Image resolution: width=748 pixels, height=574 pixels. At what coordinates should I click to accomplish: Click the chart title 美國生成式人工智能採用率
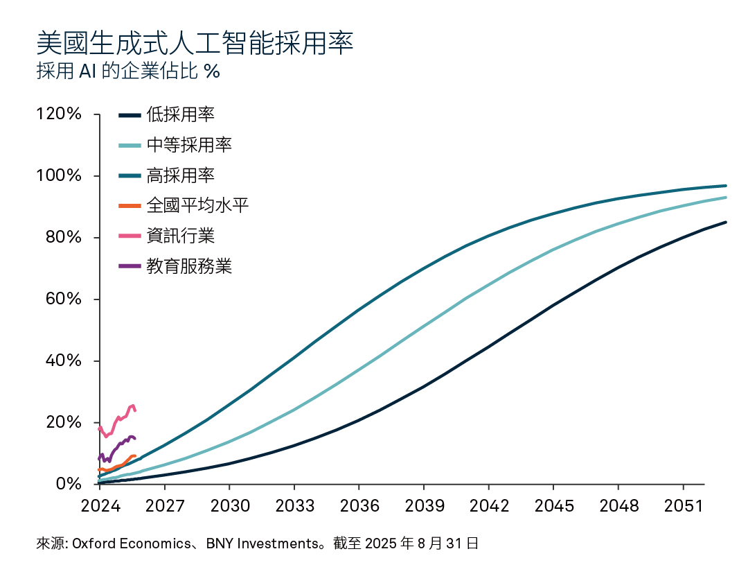point(195,44)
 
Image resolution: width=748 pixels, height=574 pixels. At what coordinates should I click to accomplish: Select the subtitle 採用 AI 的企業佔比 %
point(128,71)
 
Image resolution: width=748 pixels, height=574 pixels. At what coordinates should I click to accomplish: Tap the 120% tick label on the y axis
point(59,114)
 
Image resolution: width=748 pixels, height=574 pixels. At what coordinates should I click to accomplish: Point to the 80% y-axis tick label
point(63,237)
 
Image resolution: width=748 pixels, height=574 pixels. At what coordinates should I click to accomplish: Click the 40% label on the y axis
point(63,360)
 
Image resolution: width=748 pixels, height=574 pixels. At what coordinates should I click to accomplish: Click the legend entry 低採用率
point(180,115)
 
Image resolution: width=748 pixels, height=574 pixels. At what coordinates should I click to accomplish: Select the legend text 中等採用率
point(189,145)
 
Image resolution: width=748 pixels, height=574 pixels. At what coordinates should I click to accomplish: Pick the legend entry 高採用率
point(180,175)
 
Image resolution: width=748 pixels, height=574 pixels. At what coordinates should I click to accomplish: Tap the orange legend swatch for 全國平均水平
point(130,206)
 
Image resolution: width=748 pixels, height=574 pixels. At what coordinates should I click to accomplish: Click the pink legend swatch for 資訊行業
point(130,236)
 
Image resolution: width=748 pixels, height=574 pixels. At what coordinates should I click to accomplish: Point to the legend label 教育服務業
point(189,266)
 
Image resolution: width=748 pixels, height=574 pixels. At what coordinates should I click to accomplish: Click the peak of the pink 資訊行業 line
point(132,406)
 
